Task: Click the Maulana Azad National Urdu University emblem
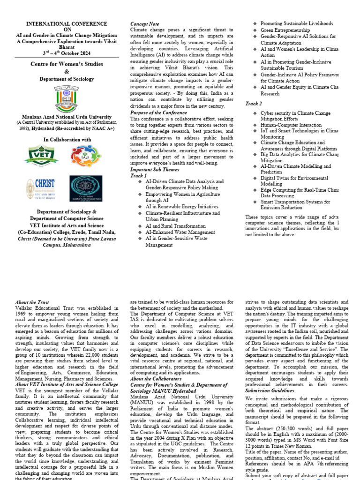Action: pos(66,98)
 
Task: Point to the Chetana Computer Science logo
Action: pos(86,189)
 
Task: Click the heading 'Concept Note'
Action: pos(144,23)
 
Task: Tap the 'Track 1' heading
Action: pos(138,175)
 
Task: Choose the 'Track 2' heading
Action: pos(254,103)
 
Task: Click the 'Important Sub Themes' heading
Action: pos(154,169)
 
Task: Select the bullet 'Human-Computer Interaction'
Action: pos(291,126)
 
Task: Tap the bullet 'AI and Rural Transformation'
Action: pos(175,226)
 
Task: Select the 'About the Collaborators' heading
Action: pos(156,379)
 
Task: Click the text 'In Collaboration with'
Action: pos(67,140)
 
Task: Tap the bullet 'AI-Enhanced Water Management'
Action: pos(180,232)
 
